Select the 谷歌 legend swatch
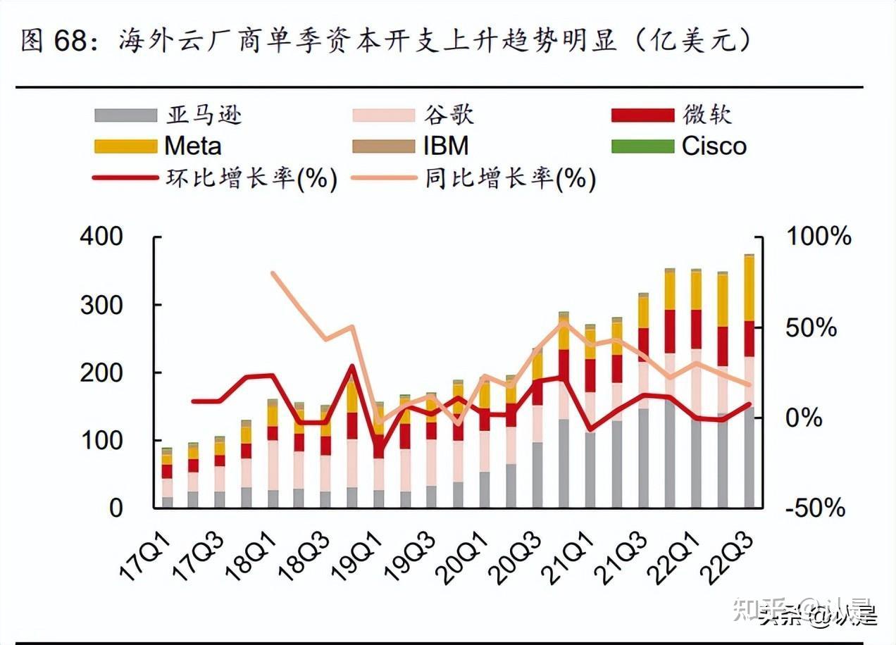(383, 115)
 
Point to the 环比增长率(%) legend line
(125, 178)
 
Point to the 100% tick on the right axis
(819, 237)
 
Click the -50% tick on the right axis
(816, 508)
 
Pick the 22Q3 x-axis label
(732, 557)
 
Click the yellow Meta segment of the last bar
(749, 289)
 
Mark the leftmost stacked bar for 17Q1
(167, 479)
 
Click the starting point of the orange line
(273, 273)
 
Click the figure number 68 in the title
(68, 41)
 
